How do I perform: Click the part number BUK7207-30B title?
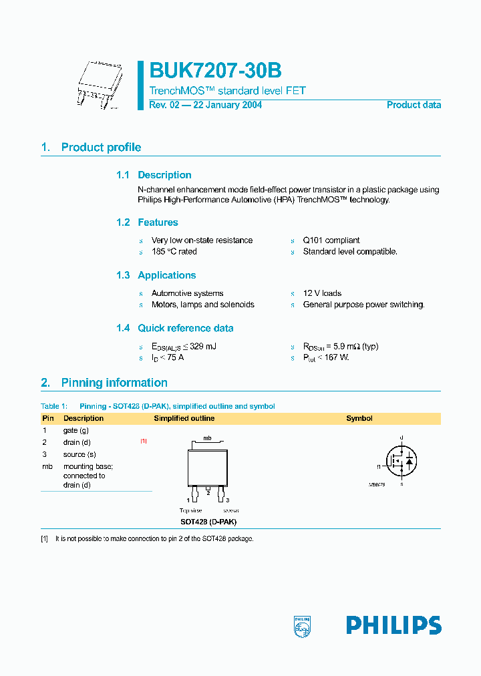tap(215, 71)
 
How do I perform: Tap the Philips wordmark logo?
tap(393, 625)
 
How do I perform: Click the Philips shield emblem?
tap(303, 626)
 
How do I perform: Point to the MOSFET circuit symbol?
tap(401, 460)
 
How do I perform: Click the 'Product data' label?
tap(414, 105)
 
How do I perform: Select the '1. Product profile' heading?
tap(91, 148)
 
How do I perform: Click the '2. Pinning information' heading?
tap(104, 383)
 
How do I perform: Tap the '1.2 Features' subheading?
tap(147, 222)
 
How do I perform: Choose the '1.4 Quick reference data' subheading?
tap(174, 328)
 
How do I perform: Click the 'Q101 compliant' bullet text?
tap(331, 240)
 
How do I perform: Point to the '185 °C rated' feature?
tap(174, 252)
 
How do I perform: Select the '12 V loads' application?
tap(322, 293)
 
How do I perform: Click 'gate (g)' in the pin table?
tap(75, 431)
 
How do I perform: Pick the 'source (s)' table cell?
tap(78, 454)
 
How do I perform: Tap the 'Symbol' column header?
tap(359, 418)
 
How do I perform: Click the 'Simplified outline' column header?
tap(184, 418)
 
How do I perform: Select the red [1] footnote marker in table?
tap(143, 442)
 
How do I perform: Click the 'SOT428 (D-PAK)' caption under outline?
tap(208, 522)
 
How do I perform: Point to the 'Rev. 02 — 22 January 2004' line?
tap(205, 105)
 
